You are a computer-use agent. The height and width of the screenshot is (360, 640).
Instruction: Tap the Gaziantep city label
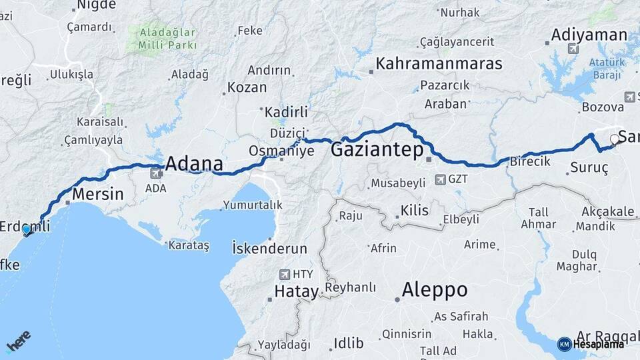click(x=377, y=149)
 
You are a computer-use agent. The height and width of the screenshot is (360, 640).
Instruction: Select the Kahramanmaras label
click(x=439, y=64)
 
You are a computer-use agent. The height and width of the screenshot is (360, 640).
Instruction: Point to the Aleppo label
click(x=434, y=290)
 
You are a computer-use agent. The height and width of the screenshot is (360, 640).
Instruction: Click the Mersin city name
click(x=98, y=195)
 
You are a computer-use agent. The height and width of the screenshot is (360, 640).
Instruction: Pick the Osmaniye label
click(x=281, y=151)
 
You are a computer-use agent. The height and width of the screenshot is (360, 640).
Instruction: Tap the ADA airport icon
click(x=156, y=174)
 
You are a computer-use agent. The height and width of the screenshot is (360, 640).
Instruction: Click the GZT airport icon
click(x=439, y=179)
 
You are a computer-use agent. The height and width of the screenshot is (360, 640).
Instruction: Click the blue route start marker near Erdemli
click(x=27, y=230)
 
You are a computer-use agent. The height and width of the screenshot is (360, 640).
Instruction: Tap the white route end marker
click(x=615, y=139)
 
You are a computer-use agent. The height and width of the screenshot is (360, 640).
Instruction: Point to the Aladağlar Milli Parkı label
click(x=168, y=39)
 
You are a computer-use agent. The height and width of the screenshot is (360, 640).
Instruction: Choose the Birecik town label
click(x=530, y=161)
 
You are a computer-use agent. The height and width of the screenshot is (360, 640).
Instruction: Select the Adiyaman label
click(x=589, y=35)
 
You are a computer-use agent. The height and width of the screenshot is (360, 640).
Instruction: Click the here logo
click(x=18, y=341)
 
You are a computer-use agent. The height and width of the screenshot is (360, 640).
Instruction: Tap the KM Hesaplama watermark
click(x=591, y=344)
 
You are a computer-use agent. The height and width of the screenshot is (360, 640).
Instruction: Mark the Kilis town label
click(x=415, y=211)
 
